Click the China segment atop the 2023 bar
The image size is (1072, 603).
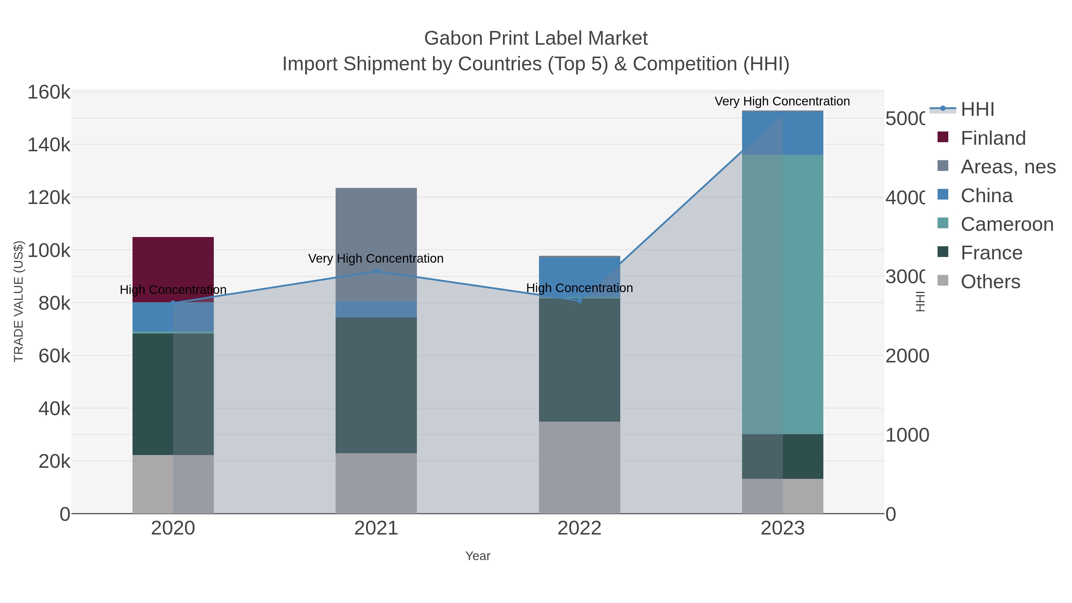click(x=782, y=133)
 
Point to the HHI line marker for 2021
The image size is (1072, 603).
click(x=376, y=271)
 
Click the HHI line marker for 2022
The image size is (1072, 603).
click(x=579, y=300)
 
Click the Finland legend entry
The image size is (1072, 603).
click(x=992, y=138)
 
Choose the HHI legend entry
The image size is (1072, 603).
click(x=977, y=110)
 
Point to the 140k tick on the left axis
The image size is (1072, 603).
click(x=49, y=145)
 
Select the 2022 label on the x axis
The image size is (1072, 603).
click(x=579, y=529)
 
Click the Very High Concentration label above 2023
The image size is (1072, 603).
click(x=782, y=101)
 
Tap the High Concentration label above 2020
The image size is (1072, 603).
click(x=173, y=290)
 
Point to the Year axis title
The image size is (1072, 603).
click(x=478, y=556)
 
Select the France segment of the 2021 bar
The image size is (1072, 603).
click(x=376, y=385)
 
